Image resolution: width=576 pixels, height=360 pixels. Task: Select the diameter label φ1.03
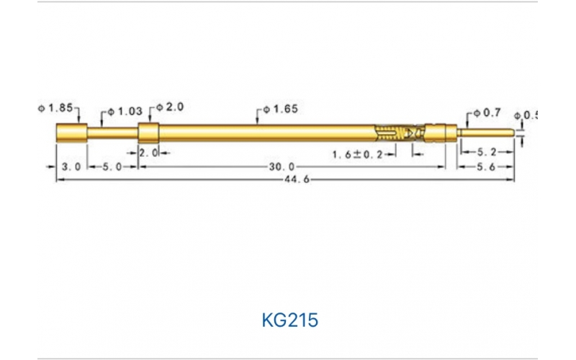tap(123, 112)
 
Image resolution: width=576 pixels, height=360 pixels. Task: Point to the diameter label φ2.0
tap(170, 107)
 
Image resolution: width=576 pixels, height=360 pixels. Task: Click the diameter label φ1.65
tap(280, 109)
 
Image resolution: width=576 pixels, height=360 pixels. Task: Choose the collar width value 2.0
tap(148, 152)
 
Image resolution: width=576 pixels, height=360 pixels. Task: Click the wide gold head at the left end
tap(71, 133)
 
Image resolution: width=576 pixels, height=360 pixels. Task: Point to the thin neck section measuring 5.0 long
tap(112, 133)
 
